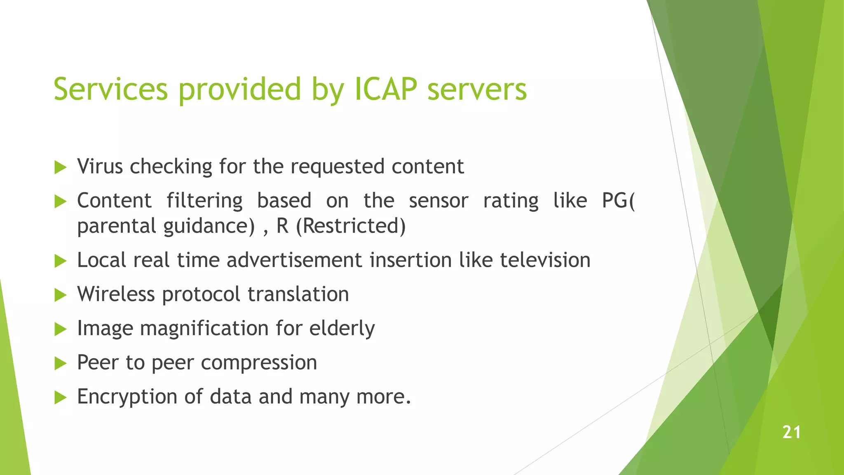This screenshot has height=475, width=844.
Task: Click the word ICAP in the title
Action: pos(386,89)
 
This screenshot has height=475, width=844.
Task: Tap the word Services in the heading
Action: pos(110,89)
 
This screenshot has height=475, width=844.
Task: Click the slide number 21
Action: pos(791,432)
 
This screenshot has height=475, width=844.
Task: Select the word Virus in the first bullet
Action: pos(100,167)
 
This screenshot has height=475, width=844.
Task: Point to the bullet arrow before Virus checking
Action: pos(61,167)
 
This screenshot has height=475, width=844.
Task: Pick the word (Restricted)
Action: pos(351,226)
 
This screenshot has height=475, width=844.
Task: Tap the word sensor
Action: pos(438,201)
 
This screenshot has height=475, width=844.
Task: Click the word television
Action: pos(545,260)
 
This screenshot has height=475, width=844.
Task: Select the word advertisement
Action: pos(294,260)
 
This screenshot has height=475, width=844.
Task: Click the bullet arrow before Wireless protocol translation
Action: pos(61,295)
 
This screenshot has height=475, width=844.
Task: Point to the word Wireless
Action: pos(116,294)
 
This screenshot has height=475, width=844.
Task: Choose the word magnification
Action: pos(204,329)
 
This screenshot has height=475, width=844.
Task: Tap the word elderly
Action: pos(342,329)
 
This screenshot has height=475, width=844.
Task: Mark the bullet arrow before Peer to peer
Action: pos(61,363)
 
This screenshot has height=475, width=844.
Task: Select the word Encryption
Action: pos(127,397)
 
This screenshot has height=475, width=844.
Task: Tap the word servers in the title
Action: pos(477,89)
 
